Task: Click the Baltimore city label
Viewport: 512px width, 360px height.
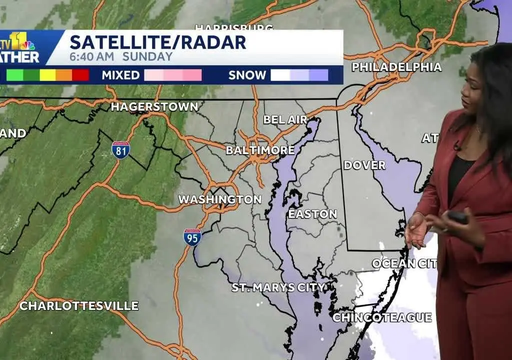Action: click(260, 150)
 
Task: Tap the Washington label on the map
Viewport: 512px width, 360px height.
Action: click(220, 199)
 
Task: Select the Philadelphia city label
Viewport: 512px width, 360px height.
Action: click(396, 67)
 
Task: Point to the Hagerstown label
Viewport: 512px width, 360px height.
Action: click(154, 106)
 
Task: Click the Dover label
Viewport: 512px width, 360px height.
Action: click(364, 165)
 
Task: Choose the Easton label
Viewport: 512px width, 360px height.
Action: click(312, 214)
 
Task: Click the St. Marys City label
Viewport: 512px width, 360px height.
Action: click(278, 287)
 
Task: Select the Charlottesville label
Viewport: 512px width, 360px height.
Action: click(79, 306)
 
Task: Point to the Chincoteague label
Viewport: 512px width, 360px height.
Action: click(382, 317)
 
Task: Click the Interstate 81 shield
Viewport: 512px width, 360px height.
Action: click(120, 150)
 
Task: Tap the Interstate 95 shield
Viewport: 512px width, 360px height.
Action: click(192, 237)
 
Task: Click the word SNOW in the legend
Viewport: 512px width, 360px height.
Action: click(247, 75)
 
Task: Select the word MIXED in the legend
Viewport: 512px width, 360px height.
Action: click(120, 75)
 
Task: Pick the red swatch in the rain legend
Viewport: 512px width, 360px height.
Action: click(80, 75)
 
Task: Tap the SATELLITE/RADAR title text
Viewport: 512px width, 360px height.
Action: click(158, 42)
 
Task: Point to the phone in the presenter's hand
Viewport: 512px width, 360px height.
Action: click(457, 217)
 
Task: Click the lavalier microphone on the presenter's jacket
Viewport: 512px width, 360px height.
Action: click(456, 146)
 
